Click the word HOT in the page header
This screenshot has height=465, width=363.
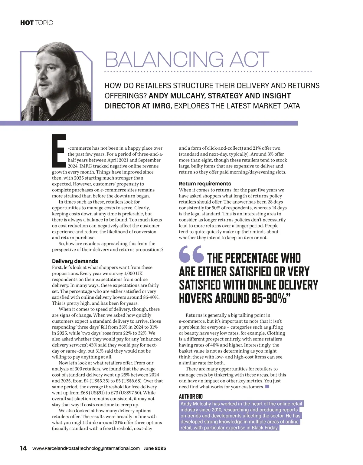[x=27, y=23]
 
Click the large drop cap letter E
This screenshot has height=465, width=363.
[x=59, y=151]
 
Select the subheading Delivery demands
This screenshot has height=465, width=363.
[x=75, y=261]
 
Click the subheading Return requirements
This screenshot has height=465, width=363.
[x=205, y=184]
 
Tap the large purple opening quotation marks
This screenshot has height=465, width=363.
[x=191, y=254]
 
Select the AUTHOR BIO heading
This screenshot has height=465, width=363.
[x=191, y=396]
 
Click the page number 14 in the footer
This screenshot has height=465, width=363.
[x=24, y=448]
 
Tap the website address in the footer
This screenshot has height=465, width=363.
[x=86, y=448]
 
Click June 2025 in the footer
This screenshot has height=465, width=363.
[x=155, y=448]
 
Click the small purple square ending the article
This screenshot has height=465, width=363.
[x=267, y=387]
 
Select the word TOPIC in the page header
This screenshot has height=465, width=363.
[x=44, y=23]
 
